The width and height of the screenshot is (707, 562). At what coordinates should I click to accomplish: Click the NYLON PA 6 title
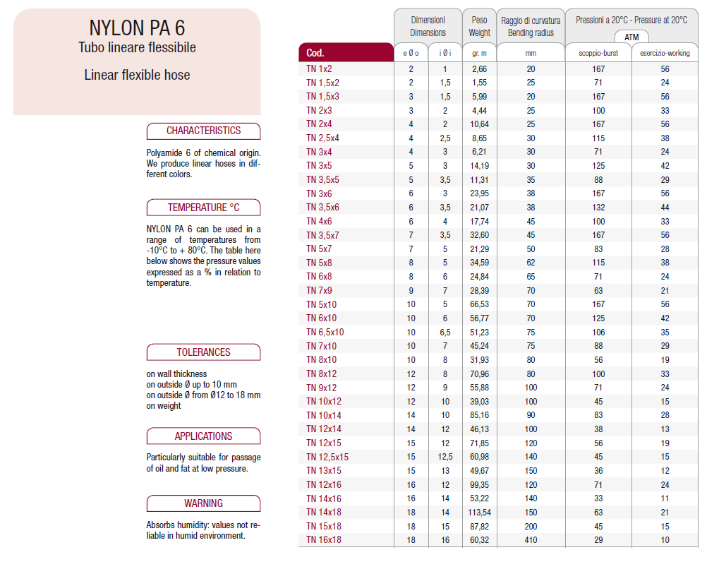coord(137,28)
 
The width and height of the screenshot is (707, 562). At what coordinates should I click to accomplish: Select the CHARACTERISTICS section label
coord(203,131)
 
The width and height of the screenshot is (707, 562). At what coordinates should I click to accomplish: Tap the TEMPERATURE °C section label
coord(203,208)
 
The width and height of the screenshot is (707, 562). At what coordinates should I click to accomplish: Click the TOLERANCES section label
coord(203,352)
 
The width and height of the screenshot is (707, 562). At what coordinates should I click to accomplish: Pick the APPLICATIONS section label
coord(203,436)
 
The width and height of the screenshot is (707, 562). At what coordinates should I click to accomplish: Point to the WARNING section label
coord(203,503)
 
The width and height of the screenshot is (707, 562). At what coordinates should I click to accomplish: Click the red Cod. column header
coord(346,53)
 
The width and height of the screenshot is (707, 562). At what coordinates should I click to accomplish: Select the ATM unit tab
coord(632,37)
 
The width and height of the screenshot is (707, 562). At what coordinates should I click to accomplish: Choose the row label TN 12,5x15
coord(327,457)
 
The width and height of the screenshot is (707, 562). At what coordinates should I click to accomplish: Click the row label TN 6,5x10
coord(325,333)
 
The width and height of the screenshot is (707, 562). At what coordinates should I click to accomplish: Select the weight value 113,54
coord(479,513)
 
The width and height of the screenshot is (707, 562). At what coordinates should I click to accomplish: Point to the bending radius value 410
coord(531,540)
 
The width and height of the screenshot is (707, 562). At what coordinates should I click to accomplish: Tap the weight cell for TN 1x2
coord(479,69)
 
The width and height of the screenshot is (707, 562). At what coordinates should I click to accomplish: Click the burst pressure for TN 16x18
coord(598,540)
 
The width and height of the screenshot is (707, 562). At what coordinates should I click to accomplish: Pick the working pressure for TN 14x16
coord(665,498)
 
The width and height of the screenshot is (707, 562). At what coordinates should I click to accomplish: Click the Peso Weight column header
coord(479,26)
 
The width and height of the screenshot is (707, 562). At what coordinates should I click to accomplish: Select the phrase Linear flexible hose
coord(137,75)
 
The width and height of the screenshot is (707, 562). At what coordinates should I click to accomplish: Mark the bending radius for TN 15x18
coord(531,527)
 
